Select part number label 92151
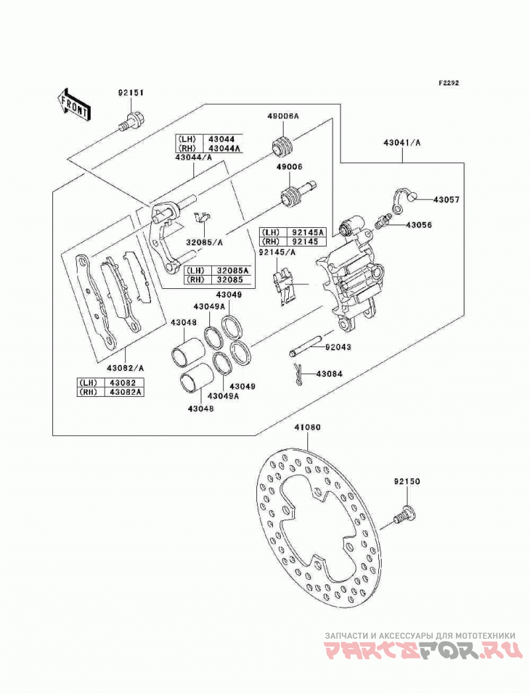tap(131, 93)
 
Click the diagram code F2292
tap(449, 83)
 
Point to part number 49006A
tap(283, 116)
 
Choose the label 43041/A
tap(402, 142)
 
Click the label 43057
tap(446, 200)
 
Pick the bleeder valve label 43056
tap(419, 225)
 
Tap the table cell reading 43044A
tap(225, 148)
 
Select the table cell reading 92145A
tap(307, 233)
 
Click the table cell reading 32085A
tap(232, 270)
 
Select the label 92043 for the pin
tap(338, 347)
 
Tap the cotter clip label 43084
tap(329, 374)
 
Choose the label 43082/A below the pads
tap(125, 368)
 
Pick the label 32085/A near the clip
tap(204, 242)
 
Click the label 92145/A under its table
tap(277, 252)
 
